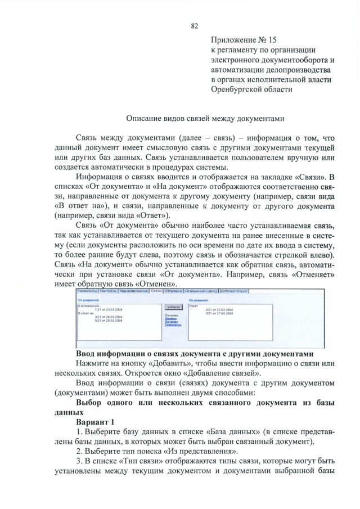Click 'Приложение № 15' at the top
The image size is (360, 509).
[244, 39]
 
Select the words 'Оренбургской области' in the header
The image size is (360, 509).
[251, 89]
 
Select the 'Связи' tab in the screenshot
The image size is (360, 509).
[156, 291]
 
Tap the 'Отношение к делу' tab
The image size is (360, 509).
[200, 291]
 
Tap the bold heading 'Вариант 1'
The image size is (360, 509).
[95, 422]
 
